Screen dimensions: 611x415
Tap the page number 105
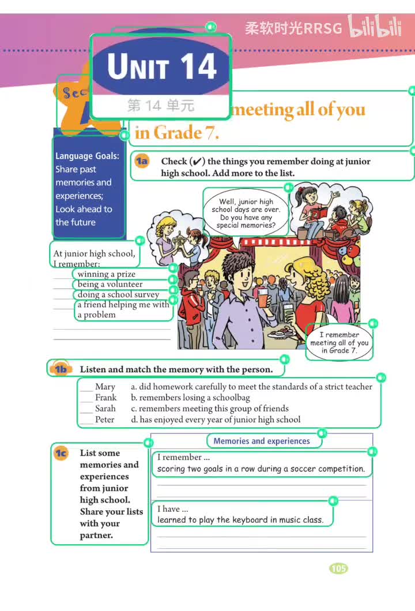(x=338, y=568)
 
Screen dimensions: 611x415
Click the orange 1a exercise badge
(x=142, y=161)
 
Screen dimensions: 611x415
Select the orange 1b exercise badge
(x=61, y=369)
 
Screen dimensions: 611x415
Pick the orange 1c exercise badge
(x=61, y=453)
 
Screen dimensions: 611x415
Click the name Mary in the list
(x=105, y=387)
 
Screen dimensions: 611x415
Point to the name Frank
(x=105, y=398)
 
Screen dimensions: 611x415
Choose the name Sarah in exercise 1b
(x=105, y=409)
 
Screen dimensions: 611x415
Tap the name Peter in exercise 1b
(x=105, y=420)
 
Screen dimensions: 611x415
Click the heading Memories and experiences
(x=262, y=441)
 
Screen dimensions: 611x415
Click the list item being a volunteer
(x=110, y=284)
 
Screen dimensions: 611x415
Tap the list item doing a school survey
(x=118, y=295)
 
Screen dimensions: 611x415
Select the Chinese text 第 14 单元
(x=161, y=105)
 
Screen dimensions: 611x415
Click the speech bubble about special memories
(x=246, y=213)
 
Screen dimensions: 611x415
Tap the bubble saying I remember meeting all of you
(x=339, y=342)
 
